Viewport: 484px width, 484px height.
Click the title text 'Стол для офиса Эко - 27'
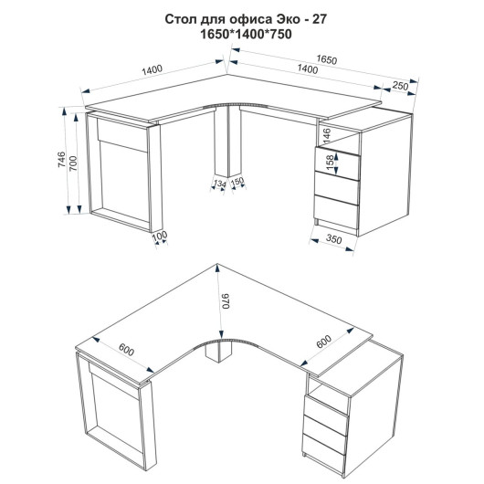[246, 19]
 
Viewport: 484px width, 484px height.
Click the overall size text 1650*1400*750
[246, 34]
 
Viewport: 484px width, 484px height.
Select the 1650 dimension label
[327, 59]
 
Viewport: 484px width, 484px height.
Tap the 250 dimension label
[400, 86]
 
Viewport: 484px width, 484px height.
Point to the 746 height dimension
[62, 160]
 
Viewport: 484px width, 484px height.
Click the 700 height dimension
[73, 163]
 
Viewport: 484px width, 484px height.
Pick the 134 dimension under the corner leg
[220, 184]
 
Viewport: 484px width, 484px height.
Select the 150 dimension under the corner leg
[237, 182]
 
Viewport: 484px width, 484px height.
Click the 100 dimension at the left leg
[160, 237]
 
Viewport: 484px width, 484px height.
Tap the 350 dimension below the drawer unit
[333, 239]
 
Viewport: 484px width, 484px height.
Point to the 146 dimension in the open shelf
[327, 135]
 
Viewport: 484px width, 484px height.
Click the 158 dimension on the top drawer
[330, 162]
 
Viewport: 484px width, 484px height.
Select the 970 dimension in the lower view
[226, 301]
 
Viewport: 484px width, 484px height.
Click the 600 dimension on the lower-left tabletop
[127, 350]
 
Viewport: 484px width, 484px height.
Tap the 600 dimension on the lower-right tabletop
[324, 342]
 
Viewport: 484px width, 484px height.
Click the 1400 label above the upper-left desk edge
[152, 69]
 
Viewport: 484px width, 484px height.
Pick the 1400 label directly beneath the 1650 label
[308, 69]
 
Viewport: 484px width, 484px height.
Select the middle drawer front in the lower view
[326, 426]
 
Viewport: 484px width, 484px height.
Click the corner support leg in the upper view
[227, 142]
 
